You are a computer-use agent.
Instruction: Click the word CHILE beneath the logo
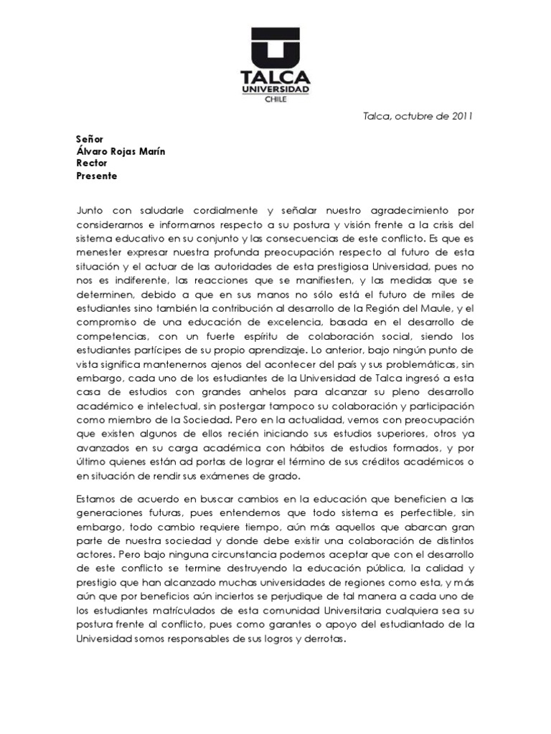(x=276, y=100)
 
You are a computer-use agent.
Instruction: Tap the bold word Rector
(x=91, y=163)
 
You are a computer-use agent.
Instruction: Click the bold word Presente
(x=96, y=176)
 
